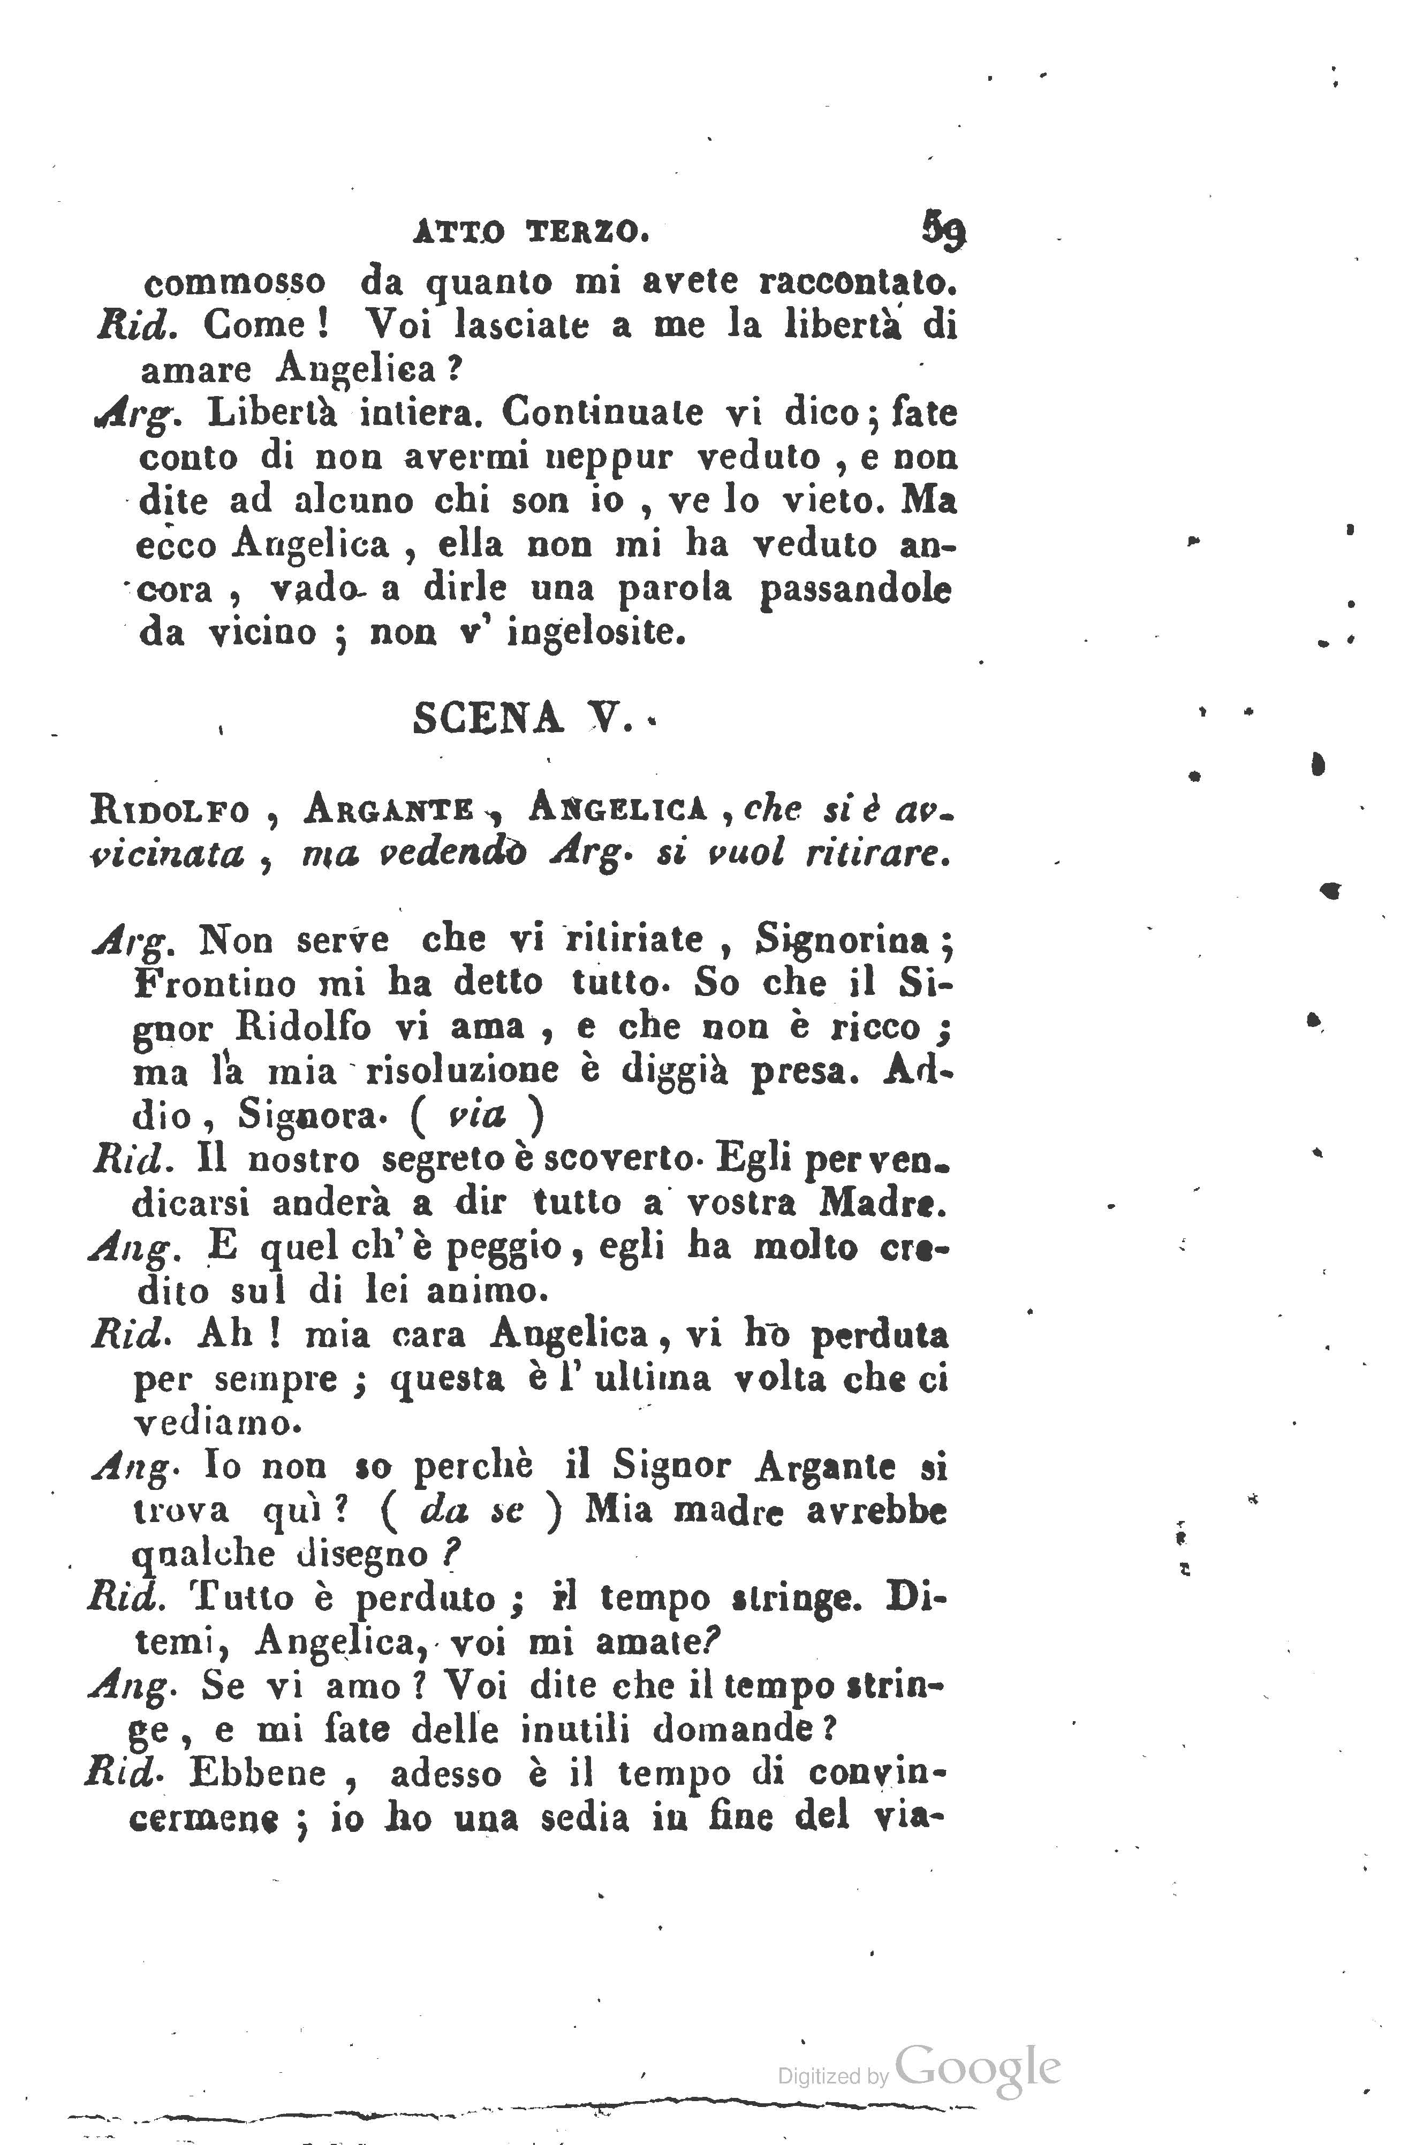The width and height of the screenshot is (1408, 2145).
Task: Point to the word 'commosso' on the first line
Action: [234, 283]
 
